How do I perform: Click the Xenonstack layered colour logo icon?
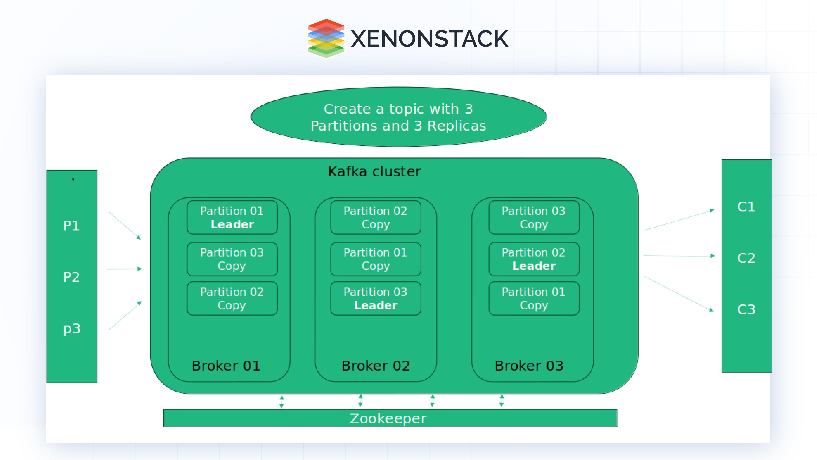326,38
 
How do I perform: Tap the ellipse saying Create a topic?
398,117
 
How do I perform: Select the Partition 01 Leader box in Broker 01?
232,217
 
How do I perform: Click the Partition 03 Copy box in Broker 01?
232,259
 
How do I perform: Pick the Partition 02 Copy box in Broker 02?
375,217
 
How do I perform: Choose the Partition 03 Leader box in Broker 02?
375,298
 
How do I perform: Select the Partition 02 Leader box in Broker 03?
534,259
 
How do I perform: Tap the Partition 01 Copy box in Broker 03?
534,298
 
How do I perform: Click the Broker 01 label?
226,366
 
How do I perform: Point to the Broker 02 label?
375,366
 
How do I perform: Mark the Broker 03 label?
529,366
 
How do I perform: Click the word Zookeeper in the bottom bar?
388,418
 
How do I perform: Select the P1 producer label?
71,226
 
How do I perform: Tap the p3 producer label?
72,329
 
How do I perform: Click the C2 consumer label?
746,258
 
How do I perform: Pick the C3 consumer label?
746,310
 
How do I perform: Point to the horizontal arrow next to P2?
124,269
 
